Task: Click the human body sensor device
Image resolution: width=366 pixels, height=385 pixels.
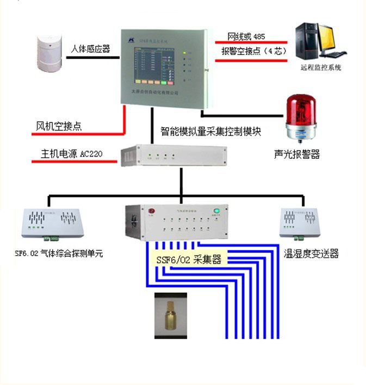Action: click(50, 54)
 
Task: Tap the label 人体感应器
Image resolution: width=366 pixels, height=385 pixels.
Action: click(90, 49)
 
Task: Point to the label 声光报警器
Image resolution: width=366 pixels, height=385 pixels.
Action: click(297, 154)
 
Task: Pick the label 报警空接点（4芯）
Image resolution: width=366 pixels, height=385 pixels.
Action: click(250, 52)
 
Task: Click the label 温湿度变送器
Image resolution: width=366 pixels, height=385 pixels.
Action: click(312, 254)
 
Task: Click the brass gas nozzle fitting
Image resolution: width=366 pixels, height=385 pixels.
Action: click(171, 315)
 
